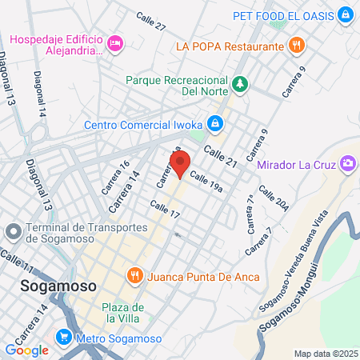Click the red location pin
[181, 164]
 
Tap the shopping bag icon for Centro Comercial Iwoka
[214, 124]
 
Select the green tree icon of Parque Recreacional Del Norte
[239, 83]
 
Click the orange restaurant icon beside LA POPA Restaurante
[297, 46]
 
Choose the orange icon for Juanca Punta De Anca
[134, 275]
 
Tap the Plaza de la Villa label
[123, 313]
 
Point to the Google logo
[27, 350]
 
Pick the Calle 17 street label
[165, 211]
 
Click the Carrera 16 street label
[119, 176]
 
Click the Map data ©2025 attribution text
[326, 354]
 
